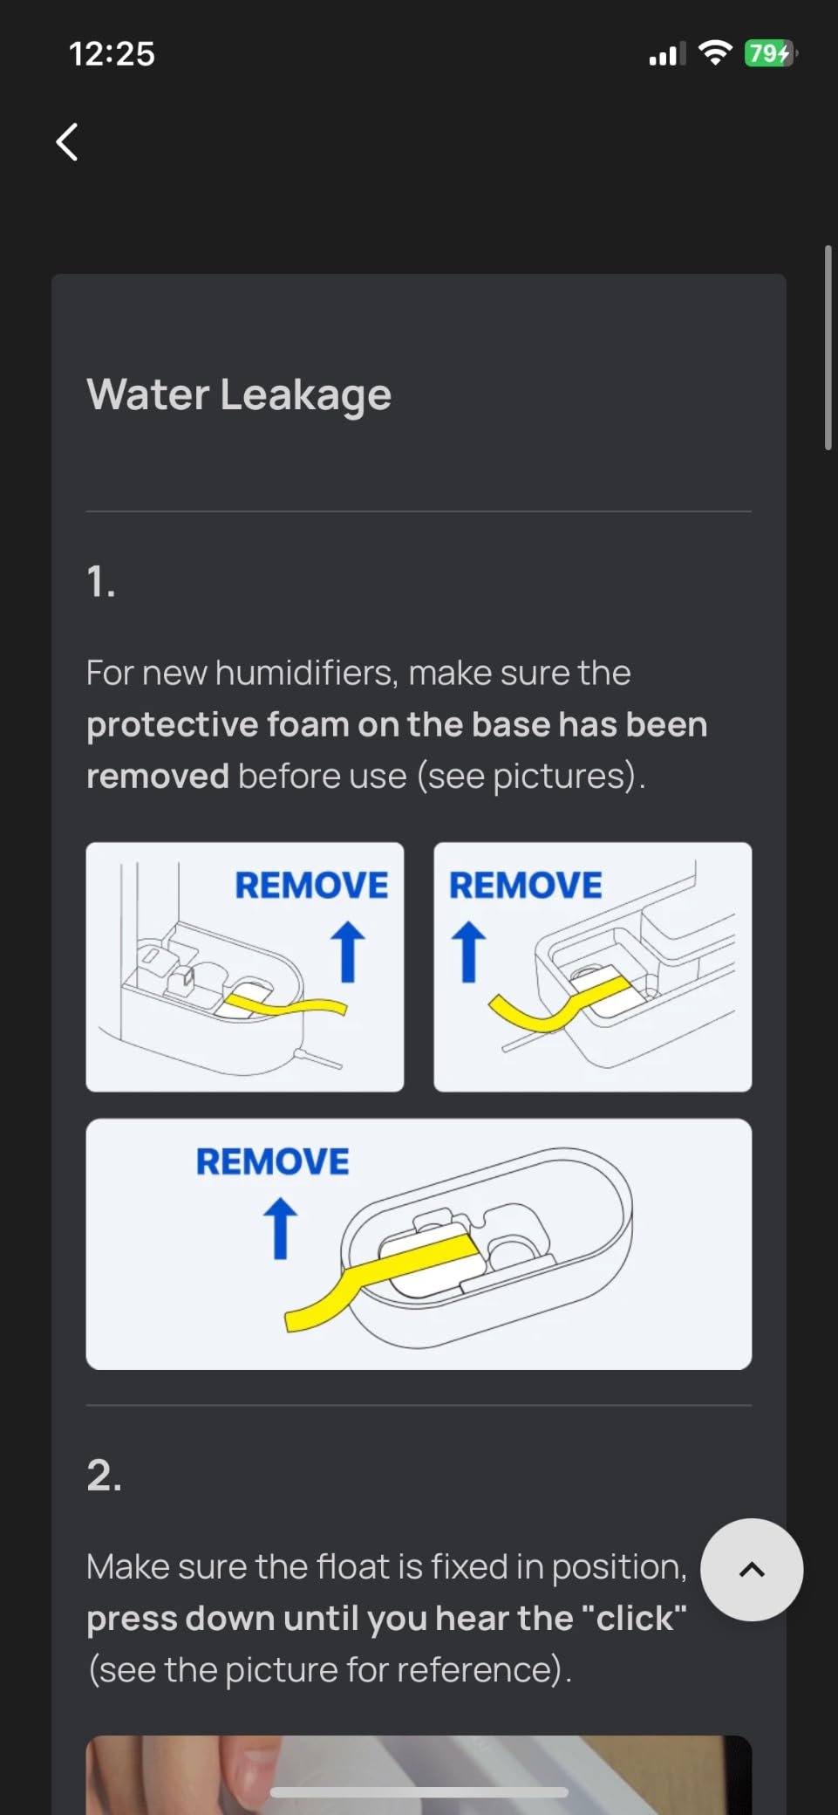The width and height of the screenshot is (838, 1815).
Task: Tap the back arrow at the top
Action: click(67, 141)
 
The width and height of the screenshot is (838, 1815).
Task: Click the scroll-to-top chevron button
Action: click(752, 1569)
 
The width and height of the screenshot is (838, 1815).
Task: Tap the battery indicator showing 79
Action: click(769, 54)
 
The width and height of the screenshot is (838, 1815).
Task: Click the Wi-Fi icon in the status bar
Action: click(715, 53)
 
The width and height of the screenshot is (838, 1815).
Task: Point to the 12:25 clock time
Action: click(112, 54)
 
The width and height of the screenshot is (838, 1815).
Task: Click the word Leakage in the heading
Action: click(305, 394)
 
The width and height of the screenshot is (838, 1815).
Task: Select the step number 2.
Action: click(104, 1476)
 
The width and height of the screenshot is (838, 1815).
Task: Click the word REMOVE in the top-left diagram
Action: click(311, 885)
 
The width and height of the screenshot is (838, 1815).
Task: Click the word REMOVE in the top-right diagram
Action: click(525, 885)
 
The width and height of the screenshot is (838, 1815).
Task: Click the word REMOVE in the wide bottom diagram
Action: click(272, 1161)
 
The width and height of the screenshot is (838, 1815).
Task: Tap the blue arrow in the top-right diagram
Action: click(468, 952)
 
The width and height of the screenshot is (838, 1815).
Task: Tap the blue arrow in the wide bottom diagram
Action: click(280, 1229)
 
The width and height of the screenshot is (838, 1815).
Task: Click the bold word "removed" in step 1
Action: click(158, 776)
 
